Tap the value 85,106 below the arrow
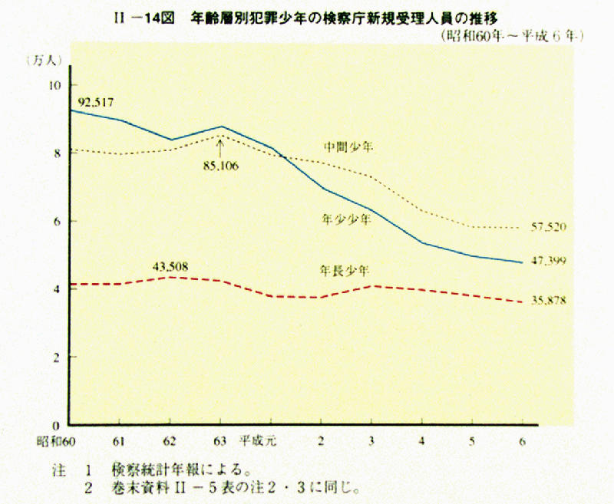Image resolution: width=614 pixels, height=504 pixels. click(x=220, y=165)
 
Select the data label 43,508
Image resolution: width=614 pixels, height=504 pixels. click(x=170, y=266)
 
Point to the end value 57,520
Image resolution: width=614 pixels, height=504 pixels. click(x=548, y=227)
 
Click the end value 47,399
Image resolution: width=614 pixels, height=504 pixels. click(x=548, y=262)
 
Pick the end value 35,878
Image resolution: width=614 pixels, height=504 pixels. click(x=548, y=301)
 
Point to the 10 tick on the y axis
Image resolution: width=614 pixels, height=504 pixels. click(x=54, y=85)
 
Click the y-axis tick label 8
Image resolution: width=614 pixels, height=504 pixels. click(x=57, y=153)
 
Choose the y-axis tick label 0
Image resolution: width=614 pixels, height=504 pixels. click(x=57, y=425)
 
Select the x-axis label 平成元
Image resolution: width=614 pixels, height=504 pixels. click(x=258, y=441)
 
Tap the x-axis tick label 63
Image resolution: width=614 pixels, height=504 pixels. click(x=220, y=441)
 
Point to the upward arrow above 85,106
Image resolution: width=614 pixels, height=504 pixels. click(x=220, y=145)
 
